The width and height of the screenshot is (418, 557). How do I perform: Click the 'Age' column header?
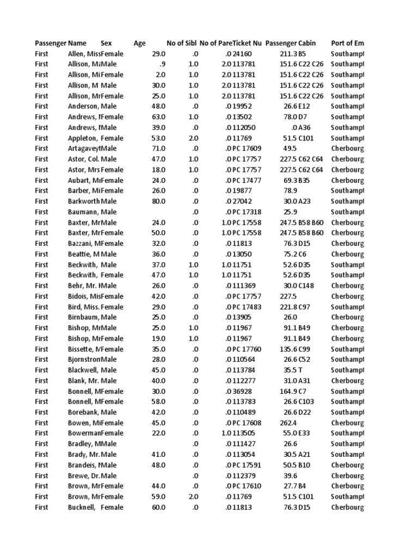[139, 43]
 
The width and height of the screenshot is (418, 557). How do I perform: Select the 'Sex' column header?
[107, 43]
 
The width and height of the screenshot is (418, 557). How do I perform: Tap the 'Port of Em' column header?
[347, 43]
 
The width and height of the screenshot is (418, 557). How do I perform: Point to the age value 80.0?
[158, 201]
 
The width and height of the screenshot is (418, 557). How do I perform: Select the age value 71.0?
[158, 148]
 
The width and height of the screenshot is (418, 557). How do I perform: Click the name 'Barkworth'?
[84, 201]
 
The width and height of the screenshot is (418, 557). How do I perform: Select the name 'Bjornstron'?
[84, 360]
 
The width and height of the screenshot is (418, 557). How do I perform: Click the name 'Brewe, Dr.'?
[84, 475]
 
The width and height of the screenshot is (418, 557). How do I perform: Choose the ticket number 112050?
[243, 127]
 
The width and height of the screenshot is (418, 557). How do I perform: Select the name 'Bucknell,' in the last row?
[82, 508]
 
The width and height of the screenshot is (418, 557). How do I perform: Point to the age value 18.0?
[158, 170]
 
